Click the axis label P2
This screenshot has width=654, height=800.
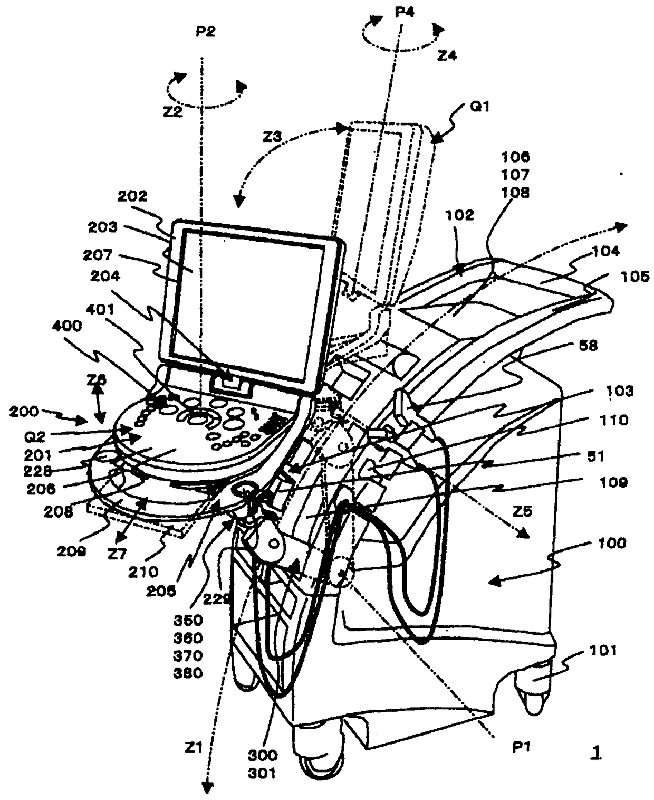tap(205, 32)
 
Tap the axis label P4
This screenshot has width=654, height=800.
tap(405, 12)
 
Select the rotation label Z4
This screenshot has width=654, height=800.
tap(447, 55)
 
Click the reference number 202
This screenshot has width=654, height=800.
tap(132, 196)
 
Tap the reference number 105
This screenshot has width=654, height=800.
tap(634, 277)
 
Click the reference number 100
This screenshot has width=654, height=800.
tap(612, 542)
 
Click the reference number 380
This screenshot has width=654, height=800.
tap(188, 673)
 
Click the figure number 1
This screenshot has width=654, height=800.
tap(595, 753)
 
